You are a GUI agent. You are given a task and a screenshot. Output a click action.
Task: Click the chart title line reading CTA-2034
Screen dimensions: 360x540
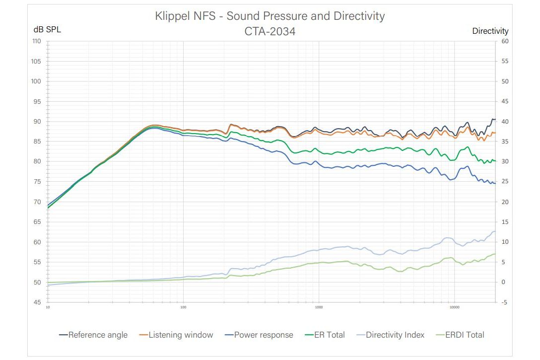[x=270, y=31]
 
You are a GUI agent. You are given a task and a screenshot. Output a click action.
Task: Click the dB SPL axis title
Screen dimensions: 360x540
[x=47, y=29]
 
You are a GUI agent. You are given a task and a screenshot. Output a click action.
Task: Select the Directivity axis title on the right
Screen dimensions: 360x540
[x=490, y=31]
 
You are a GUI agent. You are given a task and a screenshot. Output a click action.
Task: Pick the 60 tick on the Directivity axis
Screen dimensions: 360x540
[x=505, y=41]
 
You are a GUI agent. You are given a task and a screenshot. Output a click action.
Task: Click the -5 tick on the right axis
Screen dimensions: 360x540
[x=505, y=302]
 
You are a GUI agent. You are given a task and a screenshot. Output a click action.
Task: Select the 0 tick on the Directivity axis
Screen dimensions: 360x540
[x=503, y=282]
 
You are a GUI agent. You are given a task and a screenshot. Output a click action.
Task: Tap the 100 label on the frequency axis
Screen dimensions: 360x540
[x=183, y=308]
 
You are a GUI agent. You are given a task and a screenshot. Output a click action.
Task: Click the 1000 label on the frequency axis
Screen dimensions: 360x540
[x=319, y=308]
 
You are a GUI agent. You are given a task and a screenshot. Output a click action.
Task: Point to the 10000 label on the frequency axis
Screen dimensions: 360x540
[x=454, y=308]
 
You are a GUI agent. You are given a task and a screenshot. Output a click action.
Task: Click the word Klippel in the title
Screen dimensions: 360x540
[x=171, y=16]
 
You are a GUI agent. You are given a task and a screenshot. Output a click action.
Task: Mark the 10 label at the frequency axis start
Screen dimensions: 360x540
[x=48, y=308]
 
